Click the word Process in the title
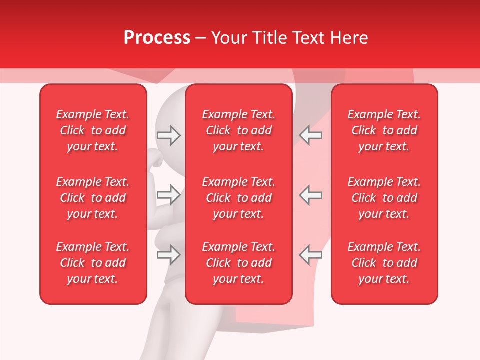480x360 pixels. coord(157,38)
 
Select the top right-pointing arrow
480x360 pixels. coord(168,135)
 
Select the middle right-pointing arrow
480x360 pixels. coord(168,195)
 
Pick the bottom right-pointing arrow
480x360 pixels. coord(168,255)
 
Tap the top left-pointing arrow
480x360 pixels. coord(311,135)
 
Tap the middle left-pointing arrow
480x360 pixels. coord(311,195)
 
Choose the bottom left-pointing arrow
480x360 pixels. coord(311,255)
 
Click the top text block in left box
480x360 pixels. coord(93,130)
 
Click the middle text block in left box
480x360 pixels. coord(93,198)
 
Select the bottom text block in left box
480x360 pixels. coord(93,263)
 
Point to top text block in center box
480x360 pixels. coord(239,130)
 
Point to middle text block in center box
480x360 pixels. coord(239,198)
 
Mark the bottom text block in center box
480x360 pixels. coord(239,263)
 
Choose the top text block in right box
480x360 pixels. coord(384,130)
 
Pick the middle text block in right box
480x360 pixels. coord(384,198)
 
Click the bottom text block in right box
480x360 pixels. coord(384,263)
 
